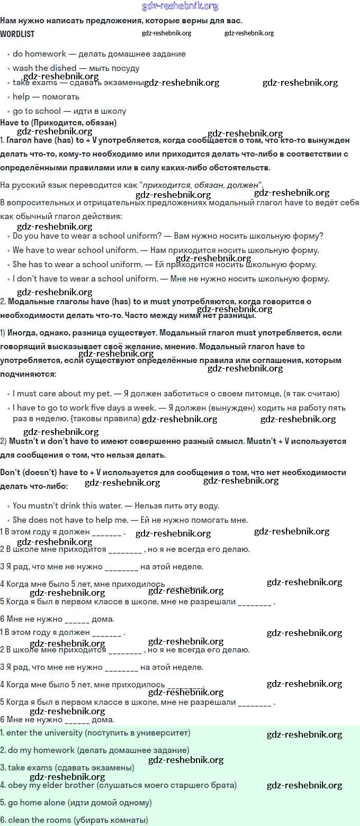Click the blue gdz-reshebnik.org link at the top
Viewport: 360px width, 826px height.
tap(180, 6)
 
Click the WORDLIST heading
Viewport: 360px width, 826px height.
tap(17, 33)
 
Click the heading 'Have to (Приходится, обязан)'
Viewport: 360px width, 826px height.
tap(58, 122)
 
